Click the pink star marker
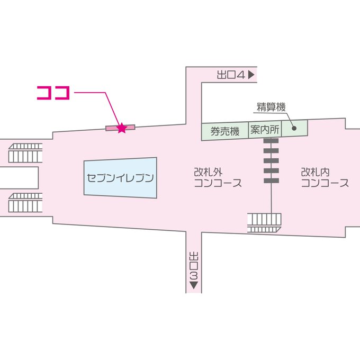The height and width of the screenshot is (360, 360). (x=122, y=128)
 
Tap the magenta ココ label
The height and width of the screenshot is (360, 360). (x=53, y=92)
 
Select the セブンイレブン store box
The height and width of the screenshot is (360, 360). (x=121, y=178)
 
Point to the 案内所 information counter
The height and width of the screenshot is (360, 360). (x=265, y=130)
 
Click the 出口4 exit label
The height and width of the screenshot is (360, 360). (x=231, y=75)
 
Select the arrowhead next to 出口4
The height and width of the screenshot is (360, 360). (x=251, y=75)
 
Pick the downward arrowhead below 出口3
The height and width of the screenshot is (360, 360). (x=193, y=286)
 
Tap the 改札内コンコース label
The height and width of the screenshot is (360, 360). (x=325, y=178)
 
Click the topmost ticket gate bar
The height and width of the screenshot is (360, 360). (x=271, y=141)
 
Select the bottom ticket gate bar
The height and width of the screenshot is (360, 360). (x=271, y=181)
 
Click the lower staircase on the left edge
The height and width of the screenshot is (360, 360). (x=25, y=203)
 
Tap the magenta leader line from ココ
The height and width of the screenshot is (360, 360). (x=95, y=93)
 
